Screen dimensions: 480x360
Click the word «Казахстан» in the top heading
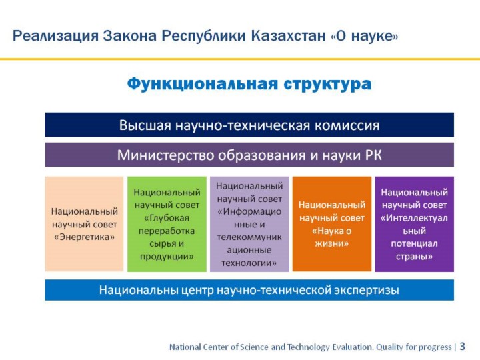pos(288,36)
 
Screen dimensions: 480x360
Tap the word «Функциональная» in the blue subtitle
pos(203,83)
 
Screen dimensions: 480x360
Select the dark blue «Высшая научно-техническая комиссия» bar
pos(249,125)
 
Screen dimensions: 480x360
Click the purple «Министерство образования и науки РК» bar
pos(249,155)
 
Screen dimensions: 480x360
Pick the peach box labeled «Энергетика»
pos(84,224)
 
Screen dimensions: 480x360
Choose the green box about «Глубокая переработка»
pos(167,224)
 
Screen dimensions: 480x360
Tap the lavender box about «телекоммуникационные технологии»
pos(249,224)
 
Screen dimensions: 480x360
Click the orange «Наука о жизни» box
pos(332,224)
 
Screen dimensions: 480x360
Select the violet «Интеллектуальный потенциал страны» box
pos(415,224)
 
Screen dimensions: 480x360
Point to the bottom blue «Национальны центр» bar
pos(249,290)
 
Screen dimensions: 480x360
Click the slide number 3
pos(462,346)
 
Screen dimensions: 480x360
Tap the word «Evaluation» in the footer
pos(353,347)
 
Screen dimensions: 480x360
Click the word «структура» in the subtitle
pos(327,84)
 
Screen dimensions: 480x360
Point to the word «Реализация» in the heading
pos(55,36)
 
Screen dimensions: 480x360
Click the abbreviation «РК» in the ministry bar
pos(373,155)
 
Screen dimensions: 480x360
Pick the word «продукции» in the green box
pos(167,257)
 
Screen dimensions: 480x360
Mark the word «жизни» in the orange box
pos(332,244)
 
